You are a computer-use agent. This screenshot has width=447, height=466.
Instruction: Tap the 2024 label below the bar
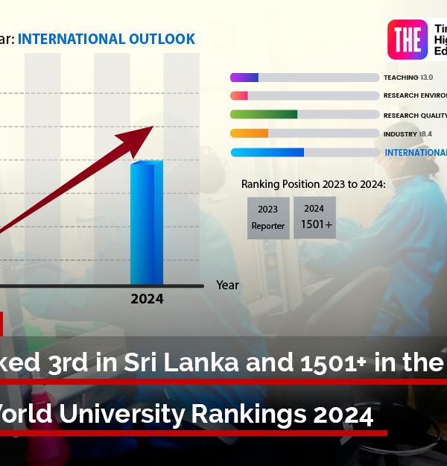(x=147, y=299)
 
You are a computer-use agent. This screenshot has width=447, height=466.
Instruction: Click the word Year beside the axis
(x=227, y=285)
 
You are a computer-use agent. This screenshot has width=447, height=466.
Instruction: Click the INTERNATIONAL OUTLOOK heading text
(x=107, y=39)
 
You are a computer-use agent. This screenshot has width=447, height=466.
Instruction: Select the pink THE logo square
(x=408, y=40)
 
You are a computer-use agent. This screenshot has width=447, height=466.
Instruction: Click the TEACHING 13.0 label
(x=408, y=78)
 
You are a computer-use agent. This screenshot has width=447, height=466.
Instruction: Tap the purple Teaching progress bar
(x=244, y=78)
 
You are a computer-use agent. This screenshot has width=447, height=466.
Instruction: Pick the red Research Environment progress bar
(x=239, y=96)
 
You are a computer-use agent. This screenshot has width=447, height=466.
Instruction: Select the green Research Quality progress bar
(x=264, y=115)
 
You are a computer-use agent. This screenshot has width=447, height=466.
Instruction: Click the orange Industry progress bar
(x=250, y=133)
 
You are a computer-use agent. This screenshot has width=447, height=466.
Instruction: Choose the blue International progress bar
(x=267, y=152)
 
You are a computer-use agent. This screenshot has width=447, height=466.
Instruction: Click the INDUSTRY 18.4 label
(x=408, y=133)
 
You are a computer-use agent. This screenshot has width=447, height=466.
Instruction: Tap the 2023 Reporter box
(x=268, y=218)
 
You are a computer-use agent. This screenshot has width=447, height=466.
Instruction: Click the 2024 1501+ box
(x=314, y=217)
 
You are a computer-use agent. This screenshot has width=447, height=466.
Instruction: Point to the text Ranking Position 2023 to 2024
(x=314, y=184)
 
